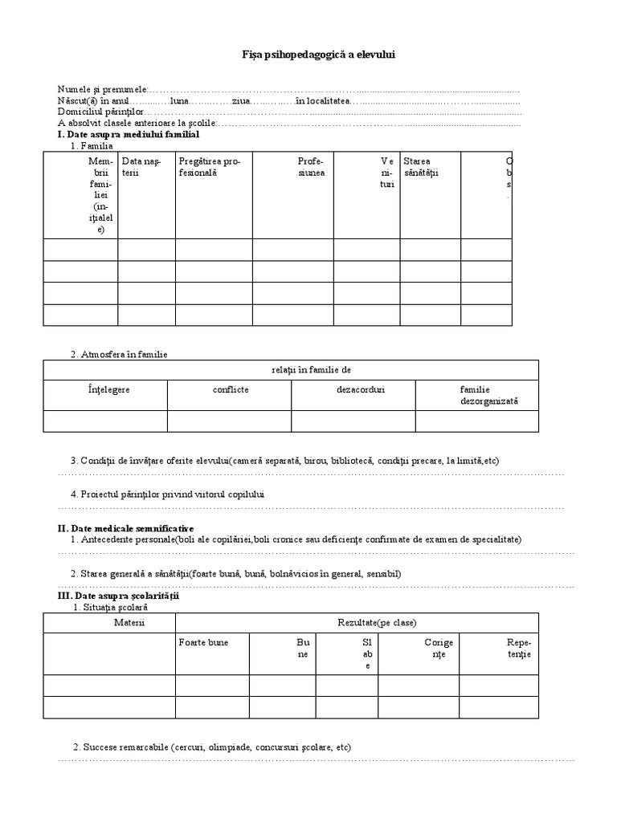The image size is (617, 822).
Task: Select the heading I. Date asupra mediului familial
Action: click(128, 135)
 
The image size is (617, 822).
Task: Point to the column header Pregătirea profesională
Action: click(210, 167)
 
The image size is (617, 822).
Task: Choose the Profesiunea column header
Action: click(311, 167)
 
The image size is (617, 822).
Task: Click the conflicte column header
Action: click(230, 389)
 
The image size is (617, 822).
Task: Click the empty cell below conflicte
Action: click(230, 421)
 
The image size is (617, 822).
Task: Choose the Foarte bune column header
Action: click(202, 642)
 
